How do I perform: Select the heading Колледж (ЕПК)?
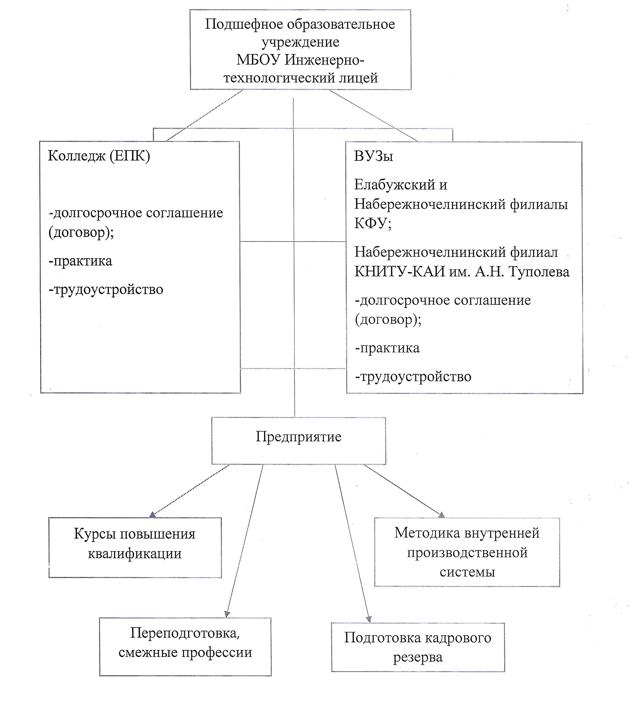click(99, 156)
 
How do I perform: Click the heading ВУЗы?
click(374, 156)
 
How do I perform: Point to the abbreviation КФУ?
click(373, 223)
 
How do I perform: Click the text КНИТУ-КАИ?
click(399, 272)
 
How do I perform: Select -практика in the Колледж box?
click(81, 261)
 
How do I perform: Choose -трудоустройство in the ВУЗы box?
click(413, 377)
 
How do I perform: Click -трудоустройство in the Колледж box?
click(106, 290)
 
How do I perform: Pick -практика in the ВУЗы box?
click(387, 348)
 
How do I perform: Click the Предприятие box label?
click(298, 437)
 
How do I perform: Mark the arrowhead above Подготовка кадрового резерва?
click(368, 619)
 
